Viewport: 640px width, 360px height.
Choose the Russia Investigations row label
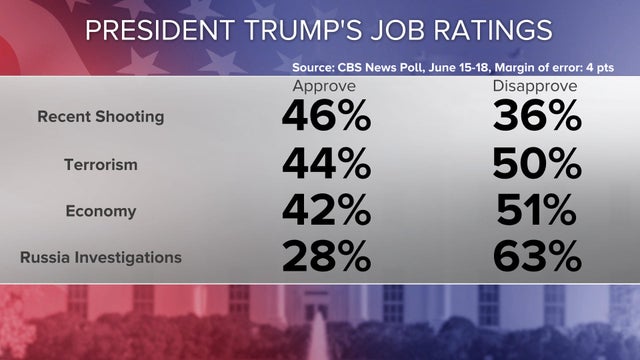[101, 258]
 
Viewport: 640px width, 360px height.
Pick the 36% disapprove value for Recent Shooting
[537, 118]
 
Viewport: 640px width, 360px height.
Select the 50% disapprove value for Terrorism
[537, 164]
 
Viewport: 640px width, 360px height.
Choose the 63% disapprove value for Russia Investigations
[537, 258]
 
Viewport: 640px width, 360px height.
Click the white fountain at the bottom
[319, 335]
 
